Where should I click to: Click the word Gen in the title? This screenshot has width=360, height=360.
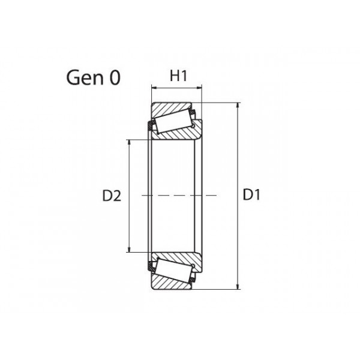pos(83,79)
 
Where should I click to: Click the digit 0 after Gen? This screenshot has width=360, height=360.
pos(114,79)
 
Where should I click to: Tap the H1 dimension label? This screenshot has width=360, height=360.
pos(178,76)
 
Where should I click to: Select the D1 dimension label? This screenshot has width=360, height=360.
pos(251,195)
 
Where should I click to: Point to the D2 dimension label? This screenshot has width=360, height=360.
pos(112,196)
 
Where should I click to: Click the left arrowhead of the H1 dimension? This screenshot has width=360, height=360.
pos(154,88)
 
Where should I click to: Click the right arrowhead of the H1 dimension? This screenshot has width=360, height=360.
pos(199,88)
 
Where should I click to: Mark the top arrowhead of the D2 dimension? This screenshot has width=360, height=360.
pos(129,142)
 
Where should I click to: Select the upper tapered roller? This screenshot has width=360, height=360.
pos(173,121)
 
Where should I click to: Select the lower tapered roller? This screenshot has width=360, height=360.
pos(173,269)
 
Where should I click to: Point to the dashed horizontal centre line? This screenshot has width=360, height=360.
pos(180,196)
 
